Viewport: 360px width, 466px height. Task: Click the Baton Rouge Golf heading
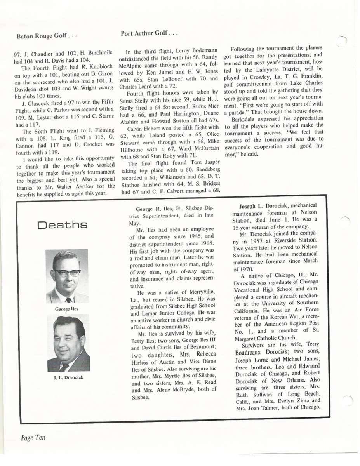[47, 37]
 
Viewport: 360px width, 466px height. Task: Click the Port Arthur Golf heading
[149, 33]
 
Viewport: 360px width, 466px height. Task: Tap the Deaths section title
[62, 225]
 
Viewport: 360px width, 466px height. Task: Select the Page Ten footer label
[33, 437]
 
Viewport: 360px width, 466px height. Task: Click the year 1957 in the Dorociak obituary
[261, 240]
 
